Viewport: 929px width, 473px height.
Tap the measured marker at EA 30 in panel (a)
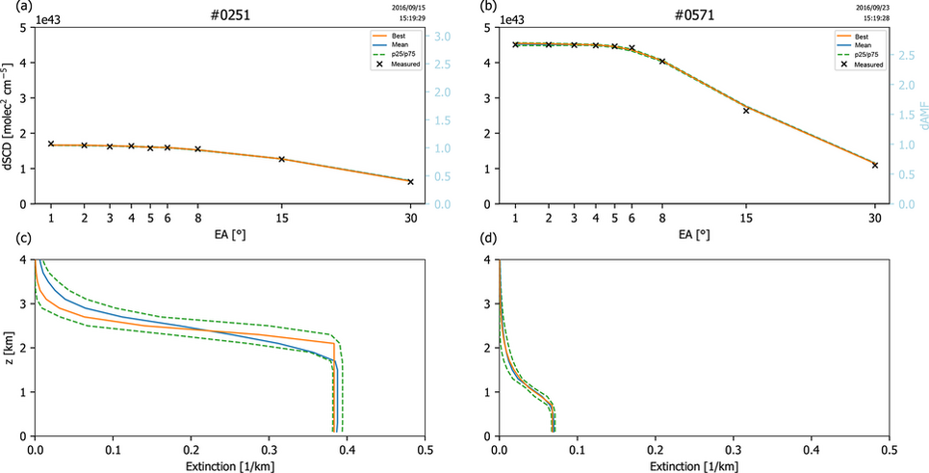click(x=410, y=181)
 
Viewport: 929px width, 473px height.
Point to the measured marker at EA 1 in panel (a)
click(x=51, y=144)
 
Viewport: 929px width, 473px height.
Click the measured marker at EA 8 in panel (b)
click(x=662, y=61)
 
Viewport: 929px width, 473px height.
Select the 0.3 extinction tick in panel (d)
click(x=733, y=450)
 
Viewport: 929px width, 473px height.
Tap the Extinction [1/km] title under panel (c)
click(x=231, y=465)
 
